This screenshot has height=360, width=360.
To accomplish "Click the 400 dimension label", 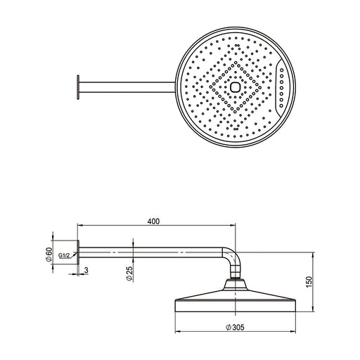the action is [x=153, y=221].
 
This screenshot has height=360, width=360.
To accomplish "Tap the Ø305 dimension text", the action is [x=235, y=327].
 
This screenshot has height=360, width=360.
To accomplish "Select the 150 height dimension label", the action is [x=309, y=282].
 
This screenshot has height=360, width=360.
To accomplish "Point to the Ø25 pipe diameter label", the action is [x=129, y=274].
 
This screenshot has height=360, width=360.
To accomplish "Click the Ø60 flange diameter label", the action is [x=49, y=255].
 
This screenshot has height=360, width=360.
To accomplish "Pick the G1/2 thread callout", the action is [x=64, y=255].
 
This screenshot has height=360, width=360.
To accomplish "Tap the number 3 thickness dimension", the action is [x=86, y=270].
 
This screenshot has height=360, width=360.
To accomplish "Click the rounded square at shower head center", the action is [x=235, y=87].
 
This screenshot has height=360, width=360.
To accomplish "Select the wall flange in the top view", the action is [x=78, y=87].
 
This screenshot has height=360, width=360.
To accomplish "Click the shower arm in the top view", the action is [x=127, y=87].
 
